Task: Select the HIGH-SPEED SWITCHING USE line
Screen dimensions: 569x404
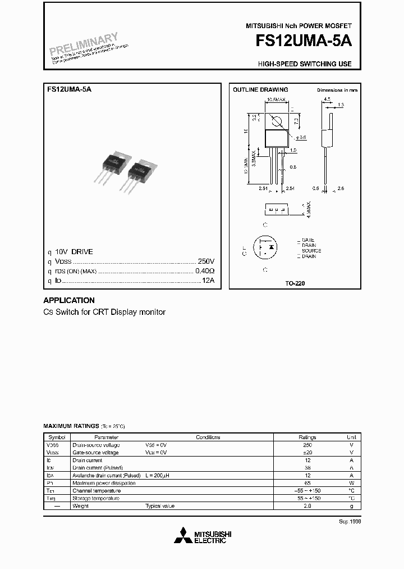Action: [x=305, y=64]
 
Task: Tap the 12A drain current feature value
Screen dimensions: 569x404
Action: [x=208, y=280]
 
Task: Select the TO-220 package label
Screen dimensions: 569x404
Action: [x=295, y=283]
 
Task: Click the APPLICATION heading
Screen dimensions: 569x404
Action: [x=69, y=300]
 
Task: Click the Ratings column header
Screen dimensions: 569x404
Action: [x=307, y=437]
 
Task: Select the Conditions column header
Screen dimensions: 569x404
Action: [x=208, y=437]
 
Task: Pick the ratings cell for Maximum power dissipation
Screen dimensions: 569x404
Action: [x=307, y=483]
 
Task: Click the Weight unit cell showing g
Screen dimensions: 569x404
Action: [x=351, y=506]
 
